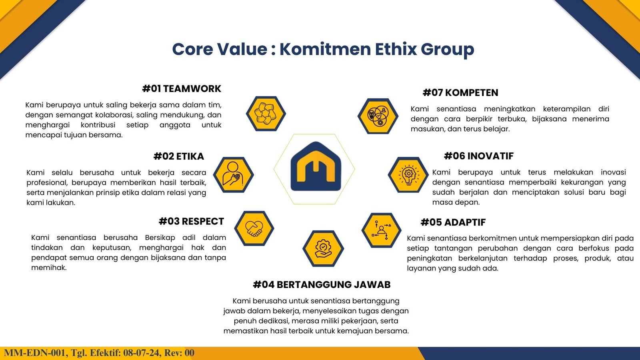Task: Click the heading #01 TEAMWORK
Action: (x=182, y=88)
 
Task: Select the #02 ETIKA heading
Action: (x=179, y=156)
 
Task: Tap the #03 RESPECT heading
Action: (x=192, y=222)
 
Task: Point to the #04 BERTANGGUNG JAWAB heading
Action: (x=322, y=284)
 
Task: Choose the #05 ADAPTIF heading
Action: (x=453, y=222)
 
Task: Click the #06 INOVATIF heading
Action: (x=479, y=156)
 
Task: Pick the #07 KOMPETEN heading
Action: (x=460, y=92)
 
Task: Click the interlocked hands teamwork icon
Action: (x=266, y=114)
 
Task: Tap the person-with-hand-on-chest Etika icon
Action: (x=234, y=174)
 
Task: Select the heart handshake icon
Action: (x=254, y=228)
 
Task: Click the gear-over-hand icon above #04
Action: (x=323, y=248)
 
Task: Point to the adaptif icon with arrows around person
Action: (x=382, y=230)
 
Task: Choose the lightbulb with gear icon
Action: (x=408, y=174)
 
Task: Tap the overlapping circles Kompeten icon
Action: (x=378, y=116)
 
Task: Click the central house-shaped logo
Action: (x=316, y=166)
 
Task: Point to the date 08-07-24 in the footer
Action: (x=141, y=353)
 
